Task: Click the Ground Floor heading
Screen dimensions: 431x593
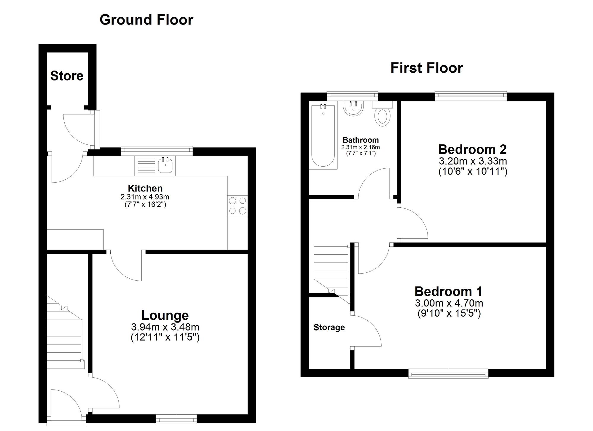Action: click(x=146, y=20)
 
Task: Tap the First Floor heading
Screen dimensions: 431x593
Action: click(x=426, y=68)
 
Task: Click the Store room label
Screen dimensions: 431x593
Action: click(x=67, y=76)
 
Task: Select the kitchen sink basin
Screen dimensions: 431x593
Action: click(x=165, y=165)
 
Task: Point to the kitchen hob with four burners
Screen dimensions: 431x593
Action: click(x=237, y=206)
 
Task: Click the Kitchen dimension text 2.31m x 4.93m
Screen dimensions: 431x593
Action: click(x=145, y=197)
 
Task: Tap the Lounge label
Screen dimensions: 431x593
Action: click(x=165, y=315)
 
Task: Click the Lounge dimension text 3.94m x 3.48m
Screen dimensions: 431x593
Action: click(x=165, y=327)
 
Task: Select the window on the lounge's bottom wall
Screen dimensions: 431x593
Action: click(x=176, y=419)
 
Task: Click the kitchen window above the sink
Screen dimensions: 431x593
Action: click(x=157, y=151)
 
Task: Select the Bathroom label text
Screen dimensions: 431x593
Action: click(x=361, y=140)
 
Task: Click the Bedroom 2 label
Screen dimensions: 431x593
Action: click(x=472, y=149)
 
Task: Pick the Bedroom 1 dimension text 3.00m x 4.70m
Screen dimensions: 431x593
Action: click(x=449, y=303)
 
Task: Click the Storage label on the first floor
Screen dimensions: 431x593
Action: click(x=329, y=327)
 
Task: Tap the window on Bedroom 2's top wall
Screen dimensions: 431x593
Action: click(x=471, y=95)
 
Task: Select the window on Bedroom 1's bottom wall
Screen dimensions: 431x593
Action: click(x=448, y=373)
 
